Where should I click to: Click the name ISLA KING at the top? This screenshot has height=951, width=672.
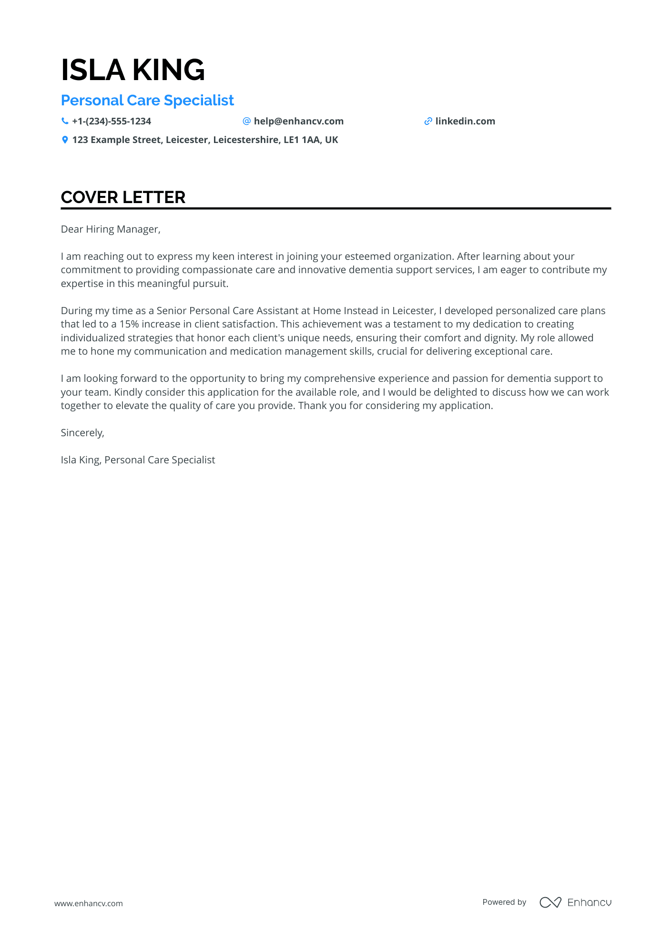click(133, 70)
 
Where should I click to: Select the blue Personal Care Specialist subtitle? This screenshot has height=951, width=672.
click(147, 101)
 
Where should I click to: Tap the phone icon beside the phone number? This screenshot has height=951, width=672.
click(65, 121)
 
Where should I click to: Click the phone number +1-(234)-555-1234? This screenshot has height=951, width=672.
click(112, 121)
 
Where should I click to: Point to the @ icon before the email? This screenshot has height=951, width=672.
click(246, 121)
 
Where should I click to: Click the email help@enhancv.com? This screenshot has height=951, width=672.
click(298, 121)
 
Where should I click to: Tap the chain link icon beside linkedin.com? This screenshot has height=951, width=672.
click(428, 121)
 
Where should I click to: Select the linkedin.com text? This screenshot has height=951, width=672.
click(465, 121)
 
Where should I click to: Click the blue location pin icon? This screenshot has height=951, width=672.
click(65, 140)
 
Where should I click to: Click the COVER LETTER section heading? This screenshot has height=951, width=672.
click(123, 197)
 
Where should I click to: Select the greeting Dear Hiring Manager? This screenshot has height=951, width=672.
click(111, 229)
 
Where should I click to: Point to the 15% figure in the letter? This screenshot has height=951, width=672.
click(129, 324)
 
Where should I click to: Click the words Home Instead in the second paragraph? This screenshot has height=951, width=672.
click(345, 311)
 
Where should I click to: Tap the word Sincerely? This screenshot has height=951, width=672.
click(82, 433)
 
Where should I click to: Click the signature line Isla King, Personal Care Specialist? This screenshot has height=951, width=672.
click(138, 460)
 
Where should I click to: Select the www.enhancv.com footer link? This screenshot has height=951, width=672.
click(89, 903)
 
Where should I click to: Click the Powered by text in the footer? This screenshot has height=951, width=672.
click(504, 902)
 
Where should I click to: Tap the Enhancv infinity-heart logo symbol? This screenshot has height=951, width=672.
click(550, 902)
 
